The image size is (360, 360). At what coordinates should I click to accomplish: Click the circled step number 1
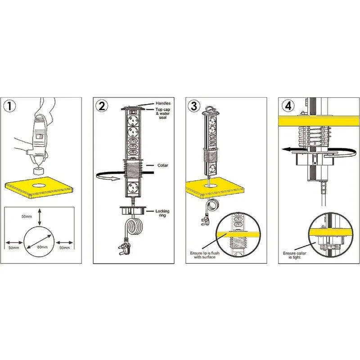click(10, 106)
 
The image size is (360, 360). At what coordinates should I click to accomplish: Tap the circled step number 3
click(194, 106)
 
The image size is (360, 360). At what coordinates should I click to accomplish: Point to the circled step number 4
click(288, 106)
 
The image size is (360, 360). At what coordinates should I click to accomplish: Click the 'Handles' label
click(163, 103)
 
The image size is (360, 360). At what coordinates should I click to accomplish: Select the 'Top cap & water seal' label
click(163, 113)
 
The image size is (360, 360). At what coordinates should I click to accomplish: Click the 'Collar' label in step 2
click(162, 165)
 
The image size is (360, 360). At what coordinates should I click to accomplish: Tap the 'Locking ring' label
click(162, 213)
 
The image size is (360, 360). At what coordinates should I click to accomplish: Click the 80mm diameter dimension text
click(42, 247)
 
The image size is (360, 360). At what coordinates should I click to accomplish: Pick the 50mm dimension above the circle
click(27, 216)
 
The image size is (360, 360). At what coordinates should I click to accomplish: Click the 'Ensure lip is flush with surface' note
click(205, 255)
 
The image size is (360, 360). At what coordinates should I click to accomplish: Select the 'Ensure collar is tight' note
click(295, 255)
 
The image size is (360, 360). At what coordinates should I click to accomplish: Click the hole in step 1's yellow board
click(40, 185)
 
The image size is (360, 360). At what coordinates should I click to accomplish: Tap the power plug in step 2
click(124, 247)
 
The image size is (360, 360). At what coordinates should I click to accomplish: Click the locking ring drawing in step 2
click(132, 211)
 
